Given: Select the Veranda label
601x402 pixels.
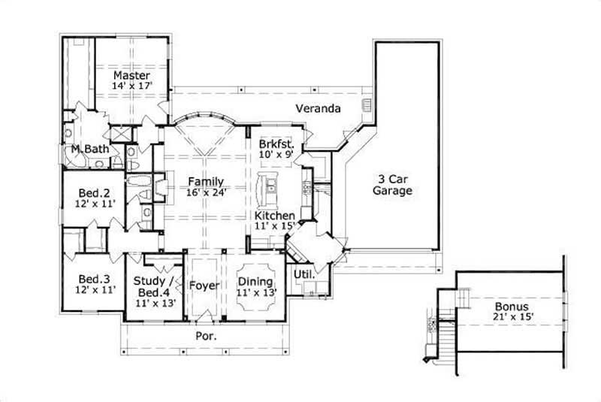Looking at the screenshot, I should tap(318, 109).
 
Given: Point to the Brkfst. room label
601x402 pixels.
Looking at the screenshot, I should tap(275, 143).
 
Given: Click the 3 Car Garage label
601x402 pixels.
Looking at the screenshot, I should tap(394, 185).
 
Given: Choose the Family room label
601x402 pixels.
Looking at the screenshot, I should tap(205, 181).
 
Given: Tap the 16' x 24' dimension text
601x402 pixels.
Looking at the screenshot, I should tap(205, 192).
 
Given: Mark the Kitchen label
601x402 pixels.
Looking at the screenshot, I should tap(274, 216).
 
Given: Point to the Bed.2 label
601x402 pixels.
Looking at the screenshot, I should tap(95, 191).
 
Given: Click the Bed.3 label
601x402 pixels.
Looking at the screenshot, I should tap(95, 277).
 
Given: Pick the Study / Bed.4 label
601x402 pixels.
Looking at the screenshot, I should tap(154, 286).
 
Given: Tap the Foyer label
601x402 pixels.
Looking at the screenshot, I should tap(203, 286).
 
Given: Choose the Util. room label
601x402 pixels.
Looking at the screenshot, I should tap(304, 274).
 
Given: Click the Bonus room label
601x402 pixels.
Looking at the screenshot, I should tap(512, 307).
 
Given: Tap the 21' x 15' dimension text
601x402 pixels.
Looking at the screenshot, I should tap(512, 319).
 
